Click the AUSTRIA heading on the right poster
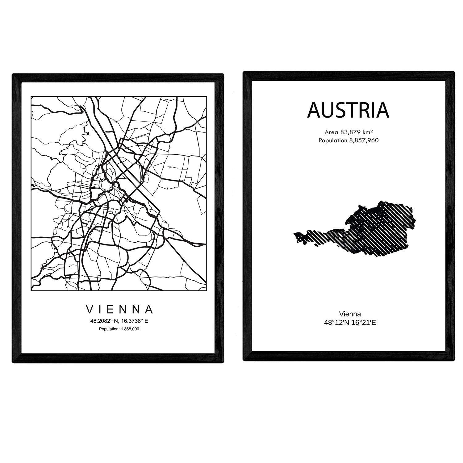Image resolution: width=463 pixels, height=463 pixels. pos(348,110)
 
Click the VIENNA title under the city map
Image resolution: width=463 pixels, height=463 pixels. pos(119,309)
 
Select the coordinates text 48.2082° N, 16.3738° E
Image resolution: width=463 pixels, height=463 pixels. pos(119,321)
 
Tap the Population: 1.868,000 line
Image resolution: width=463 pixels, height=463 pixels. pos(119,329)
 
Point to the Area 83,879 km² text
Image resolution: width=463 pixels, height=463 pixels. pos(348,132)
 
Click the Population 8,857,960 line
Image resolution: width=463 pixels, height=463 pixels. pos(348,140)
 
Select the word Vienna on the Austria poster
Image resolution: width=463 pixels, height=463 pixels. pos(350,314)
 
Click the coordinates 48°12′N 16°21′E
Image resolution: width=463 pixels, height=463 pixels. pos(350,323)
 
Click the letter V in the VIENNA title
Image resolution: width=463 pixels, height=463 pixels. pos(89,309)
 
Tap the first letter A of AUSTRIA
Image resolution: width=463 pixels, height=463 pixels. pos(314,110)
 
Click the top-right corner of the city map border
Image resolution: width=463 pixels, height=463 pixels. pos(206,97)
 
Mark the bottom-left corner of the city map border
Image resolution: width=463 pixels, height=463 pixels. pos(31,290)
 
